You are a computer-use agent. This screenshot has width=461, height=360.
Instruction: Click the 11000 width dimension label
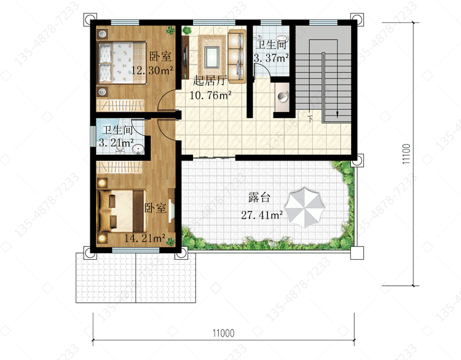(224, 333)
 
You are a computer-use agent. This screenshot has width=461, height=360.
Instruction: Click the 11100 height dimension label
(406, 154)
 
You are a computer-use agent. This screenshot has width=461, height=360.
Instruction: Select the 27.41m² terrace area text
(262, 215)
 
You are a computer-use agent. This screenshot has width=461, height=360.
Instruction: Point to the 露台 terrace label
(259, 197)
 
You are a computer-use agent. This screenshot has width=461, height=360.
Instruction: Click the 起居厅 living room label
(210, 80)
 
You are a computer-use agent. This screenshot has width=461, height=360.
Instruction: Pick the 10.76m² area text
(210, 95)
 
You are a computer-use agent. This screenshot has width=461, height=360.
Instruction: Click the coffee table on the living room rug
(212, 57)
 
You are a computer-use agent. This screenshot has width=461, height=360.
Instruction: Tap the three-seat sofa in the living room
(237, 56)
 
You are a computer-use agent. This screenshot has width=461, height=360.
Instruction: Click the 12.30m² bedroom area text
(152, 70)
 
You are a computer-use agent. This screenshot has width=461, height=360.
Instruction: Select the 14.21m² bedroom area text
(144, 238)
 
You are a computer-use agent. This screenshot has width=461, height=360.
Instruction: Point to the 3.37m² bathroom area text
(271, 58)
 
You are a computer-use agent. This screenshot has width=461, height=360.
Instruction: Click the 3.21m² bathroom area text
(116, 143)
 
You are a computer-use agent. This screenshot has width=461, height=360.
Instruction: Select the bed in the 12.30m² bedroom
(122, 63)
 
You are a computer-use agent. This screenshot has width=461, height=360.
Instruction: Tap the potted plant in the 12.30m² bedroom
(170, 30)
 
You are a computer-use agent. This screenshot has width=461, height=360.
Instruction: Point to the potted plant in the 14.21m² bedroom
(170, 241)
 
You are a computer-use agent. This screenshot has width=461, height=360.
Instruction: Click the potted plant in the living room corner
(187, 30)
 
